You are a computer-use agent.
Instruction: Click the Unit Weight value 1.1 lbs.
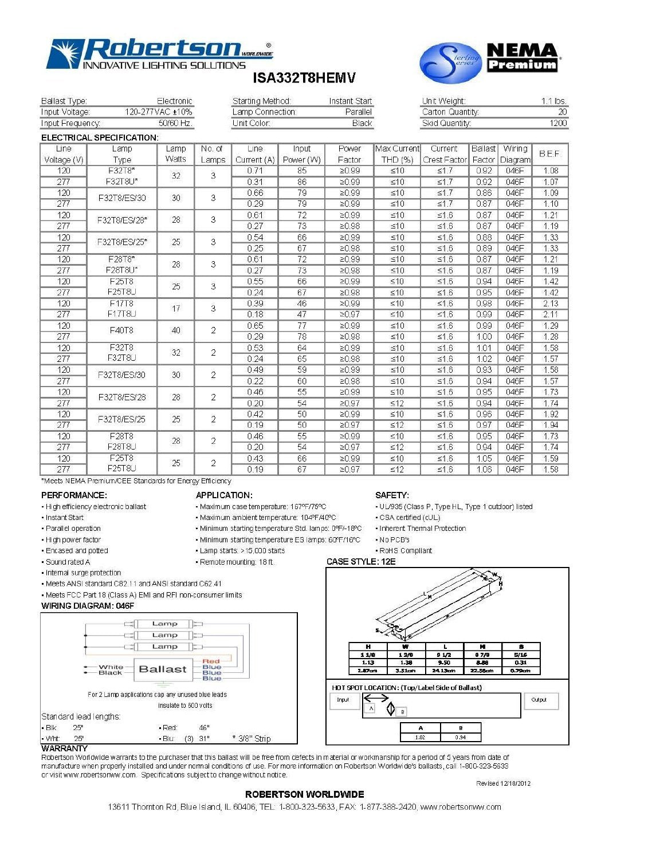click(x=553, y=101)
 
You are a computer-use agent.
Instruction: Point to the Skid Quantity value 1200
click(x=557, y=123)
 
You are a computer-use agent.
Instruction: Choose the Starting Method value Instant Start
click(x=350, y=101)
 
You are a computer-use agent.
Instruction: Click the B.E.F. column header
click(x=550, y=154)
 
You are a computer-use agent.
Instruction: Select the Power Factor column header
click(x=349, y=154)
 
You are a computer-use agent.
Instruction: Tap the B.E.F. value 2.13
click(x=550, y=304)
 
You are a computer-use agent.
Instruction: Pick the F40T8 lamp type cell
click(x=121, y=330)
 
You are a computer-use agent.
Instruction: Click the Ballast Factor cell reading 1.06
click(x=484, y=470)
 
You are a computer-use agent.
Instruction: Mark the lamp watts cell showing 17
click(x=176, y=309)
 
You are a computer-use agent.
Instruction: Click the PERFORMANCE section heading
click(x=74, y=495)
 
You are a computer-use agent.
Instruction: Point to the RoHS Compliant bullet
click(x=406, y=551)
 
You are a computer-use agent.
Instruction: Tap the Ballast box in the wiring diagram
click(x=163, y=669)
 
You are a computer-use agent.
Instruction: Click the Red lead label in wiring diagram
click(x=211, y=661)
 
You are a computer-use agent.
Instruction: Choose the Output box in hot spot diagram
click(x=539, y=700)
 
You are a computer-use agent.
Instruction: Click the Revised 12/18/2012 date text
click(x=503, y=783)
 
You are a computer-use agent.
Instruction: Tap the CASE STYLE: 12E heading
click(x=361, y=562)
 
